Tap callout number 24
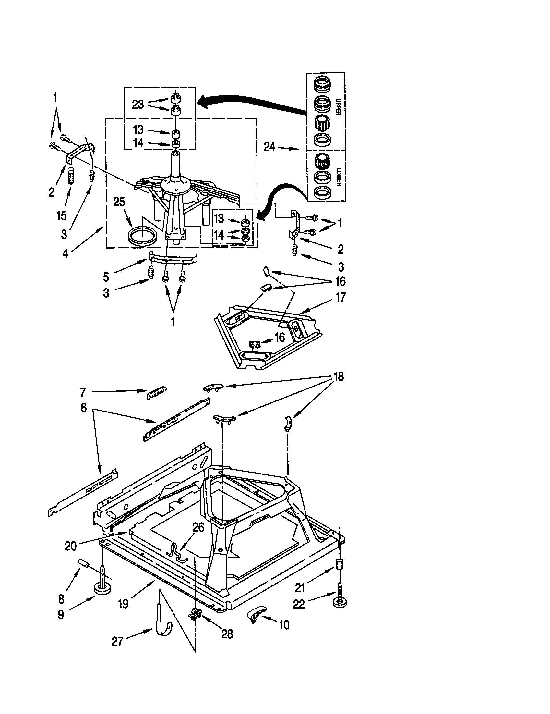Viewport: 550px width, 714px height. (x=269, y=147)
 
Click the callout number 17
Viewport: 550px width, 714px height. (x=340, y=298)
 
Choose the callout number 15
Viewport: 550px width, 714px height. (x=62, y=215)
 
